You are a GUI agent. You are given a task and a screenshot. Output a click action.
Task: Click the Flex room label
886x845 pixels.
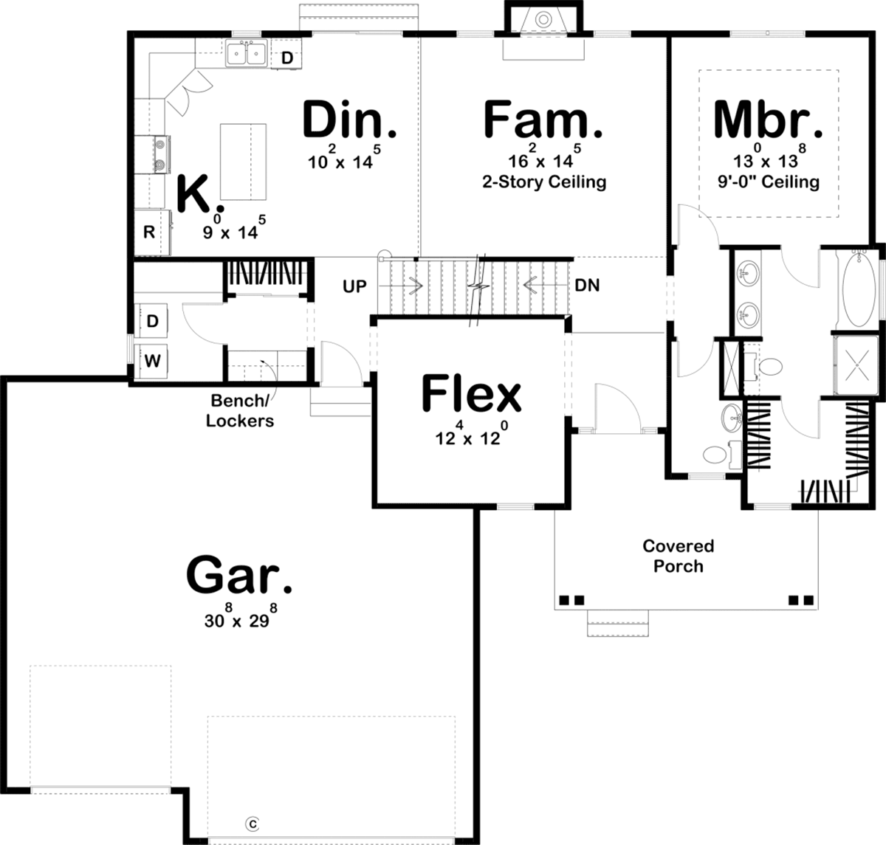[x=471, y=393]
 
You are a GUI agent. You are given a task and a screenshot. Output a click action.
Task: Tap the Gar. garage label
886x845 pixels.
[x=239, y=575]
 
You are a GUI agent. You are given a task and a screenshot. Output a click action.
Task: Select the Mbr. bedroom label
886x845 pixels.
[x=768, y=119]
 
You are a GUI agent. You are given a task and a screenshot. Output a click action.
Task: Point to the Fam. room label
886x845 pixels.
[x=543, y=119]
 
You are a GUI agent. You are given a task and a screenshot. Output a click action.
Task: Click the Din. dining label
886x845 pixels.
[x=350, y=119]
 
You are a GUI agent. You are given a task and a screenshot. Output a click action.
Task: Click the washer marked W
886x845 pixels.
[x=152, y=361]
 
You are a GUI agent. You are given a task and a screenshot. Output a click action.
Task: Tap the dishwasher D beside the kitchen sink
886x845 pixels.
[x=286, y=58]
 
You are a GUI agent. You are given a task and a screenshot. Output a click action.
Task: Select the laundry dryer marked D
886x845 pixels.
[x=152, y=321]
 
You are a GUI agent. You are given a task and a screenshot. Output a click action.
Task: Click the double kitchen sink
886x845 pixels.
[x=246, y=53]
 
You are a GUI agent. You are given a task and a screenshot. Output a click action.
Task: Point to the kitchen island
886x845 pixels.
[x=243, y=162]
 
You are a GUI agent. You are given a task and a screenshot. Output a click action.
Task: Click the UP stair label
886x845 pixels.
[x=354, y=286]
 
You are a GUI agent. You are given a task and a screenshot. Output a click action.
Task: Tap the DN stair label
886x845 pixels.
[x=587, y=285]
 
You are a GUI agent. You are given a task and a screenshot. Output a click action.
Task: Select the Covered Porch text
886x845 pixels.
[x=679, y=556]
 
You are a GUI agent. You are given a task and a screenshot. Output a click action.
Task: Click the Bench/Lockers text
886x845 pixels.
[x=240, y=410]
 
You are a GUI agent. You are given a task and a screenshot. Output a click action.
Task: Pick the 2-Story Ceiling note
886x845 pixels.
[x=544, y=182]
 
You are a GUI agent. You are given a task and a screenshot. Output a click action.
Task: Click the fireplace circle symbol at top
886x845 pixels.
[x=543, y=19]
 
